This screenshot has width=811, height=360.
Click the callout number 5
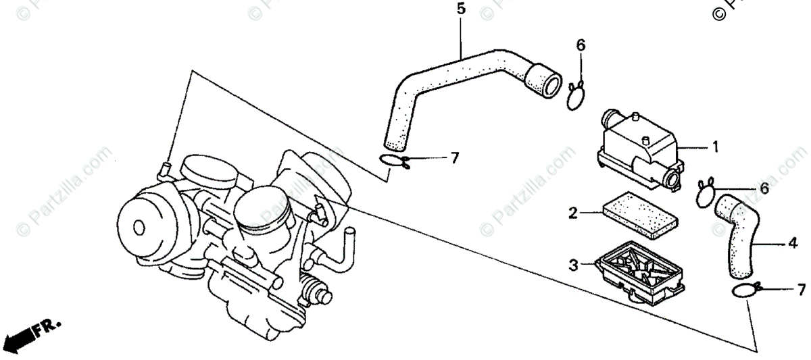pyautogui.click(x=461, y=9)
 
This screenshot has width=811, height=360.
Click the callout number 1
pyautogui.click(x=714, y=147)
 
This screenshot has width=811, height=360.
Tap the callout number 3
pyautogui.click(x=573, y=266)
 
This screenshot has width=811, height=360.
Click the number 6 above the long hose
pyautogui.click(x=581, y=45)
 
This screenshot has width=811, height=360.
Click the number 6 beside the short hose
pyautogui.click(x=764, y=189)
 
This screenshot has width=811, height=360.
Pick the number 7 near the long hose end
pyautogui.click(x=454, y=158)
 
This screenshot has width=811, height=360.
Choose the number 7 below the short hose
pyautogui.click(x=802, y=290)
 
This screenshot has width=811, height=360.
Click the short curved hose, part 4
pyautogui.click(x=737, y=233)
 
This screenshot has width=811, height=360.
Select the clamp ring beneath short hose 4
pyautogui.click(x=743, y=291)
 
